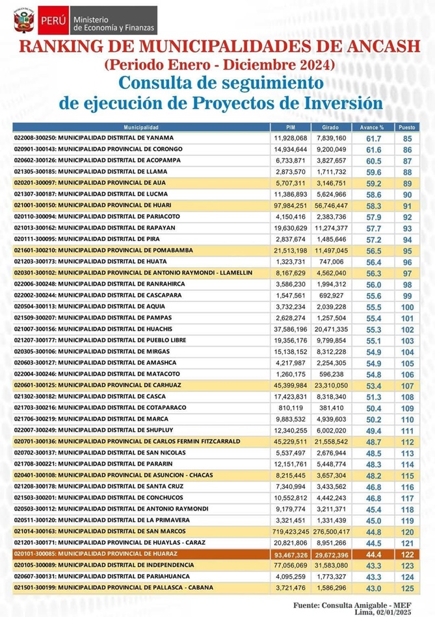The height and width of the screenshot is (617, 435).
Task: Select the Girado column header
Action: [331, 127]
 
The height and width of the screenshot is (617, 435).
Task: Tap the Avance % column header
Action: [373, 127]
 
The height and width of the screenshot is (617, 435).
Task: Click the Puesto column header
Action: [407, 127]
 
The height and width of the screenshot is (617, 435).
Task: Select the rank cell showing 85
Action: [408, 138]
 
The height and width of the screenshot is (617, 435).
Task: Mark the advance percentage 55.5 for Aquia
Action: [373, 307]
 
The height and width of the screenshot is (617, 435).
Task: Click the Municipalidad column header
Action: [141, 127]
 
